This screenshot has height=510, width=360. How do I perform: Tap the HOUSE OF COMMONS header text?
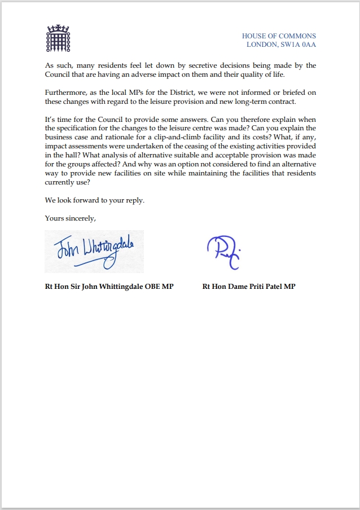[279, 36]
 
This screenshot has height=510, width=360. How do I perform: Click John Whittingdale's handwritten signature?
[94, 252]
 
